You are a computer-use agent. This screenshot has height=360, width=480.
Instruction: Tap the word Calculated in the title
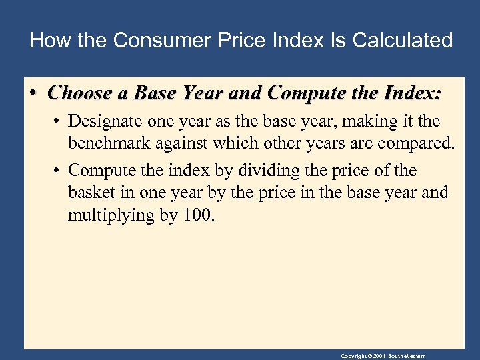(402, 40)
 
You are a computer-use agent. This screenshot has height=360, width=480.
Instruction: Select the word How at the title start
(45, 40)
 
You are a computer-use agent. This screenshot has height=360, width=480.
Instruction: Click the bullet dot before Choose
(33, 93)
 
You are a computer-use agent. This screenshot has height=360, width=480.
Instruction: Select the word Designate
(101, 121)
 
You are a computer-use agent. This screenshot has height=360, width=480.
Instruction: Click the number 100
(196, 216)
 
